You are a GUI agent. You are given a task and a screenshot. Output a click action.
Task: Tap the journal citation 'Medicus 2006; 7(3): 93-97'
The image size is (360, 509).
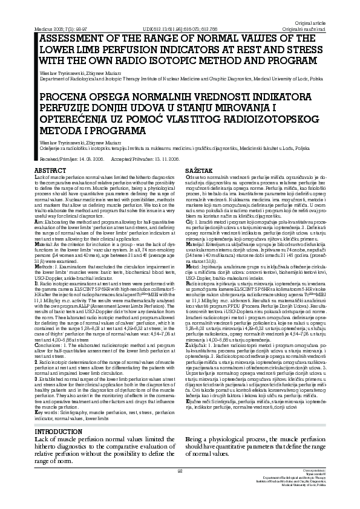point(63,29)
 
